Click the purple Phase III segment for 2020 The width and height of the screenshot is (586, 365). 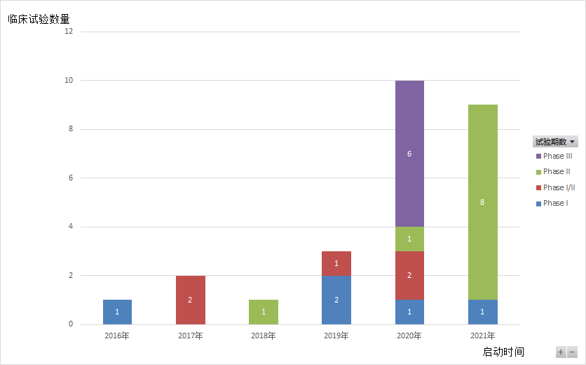[x=409, y=154]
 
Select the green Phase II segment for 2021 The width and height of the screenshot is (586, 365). [x=482, y=202]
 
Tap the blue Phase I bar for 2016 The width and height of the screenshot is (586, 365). [x=117, y=312]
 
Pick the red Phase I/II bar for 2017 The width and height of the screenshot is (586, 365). [x=190, y=300]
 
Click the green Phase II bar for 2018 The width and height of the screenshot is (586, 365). [x=264, y=312]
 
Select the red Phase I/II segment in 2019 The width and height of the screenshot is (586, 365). [x=336, y=263]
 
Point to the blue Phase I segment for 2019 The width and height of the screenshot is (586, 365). [x=336, y=300]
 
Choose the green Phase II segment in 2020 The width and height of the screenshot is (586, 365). [x=409, y=239]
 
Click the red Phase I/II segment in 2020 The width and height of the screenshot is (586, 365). [x=409, y=275]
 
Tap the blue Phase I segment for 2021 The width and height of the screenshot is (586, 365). [x=482, y=312]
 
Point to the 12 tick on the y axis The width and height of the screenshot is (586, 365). [x=68, y=32]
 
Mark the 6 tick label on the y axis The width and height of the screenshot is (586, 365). [x=70, y=178]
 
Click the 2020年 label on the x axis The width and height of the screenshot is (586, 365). [x=409, y=336]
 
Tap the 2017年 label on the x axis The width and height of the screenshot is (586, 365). [x=190, y=336]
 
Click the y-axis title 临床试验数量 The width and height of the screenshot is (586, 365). [x=39, y=19]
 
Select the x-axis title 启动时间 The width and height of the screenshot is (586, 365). [x=503, y=352]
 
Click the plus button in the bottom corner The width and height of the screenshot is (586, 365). [x=561, y=352]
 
